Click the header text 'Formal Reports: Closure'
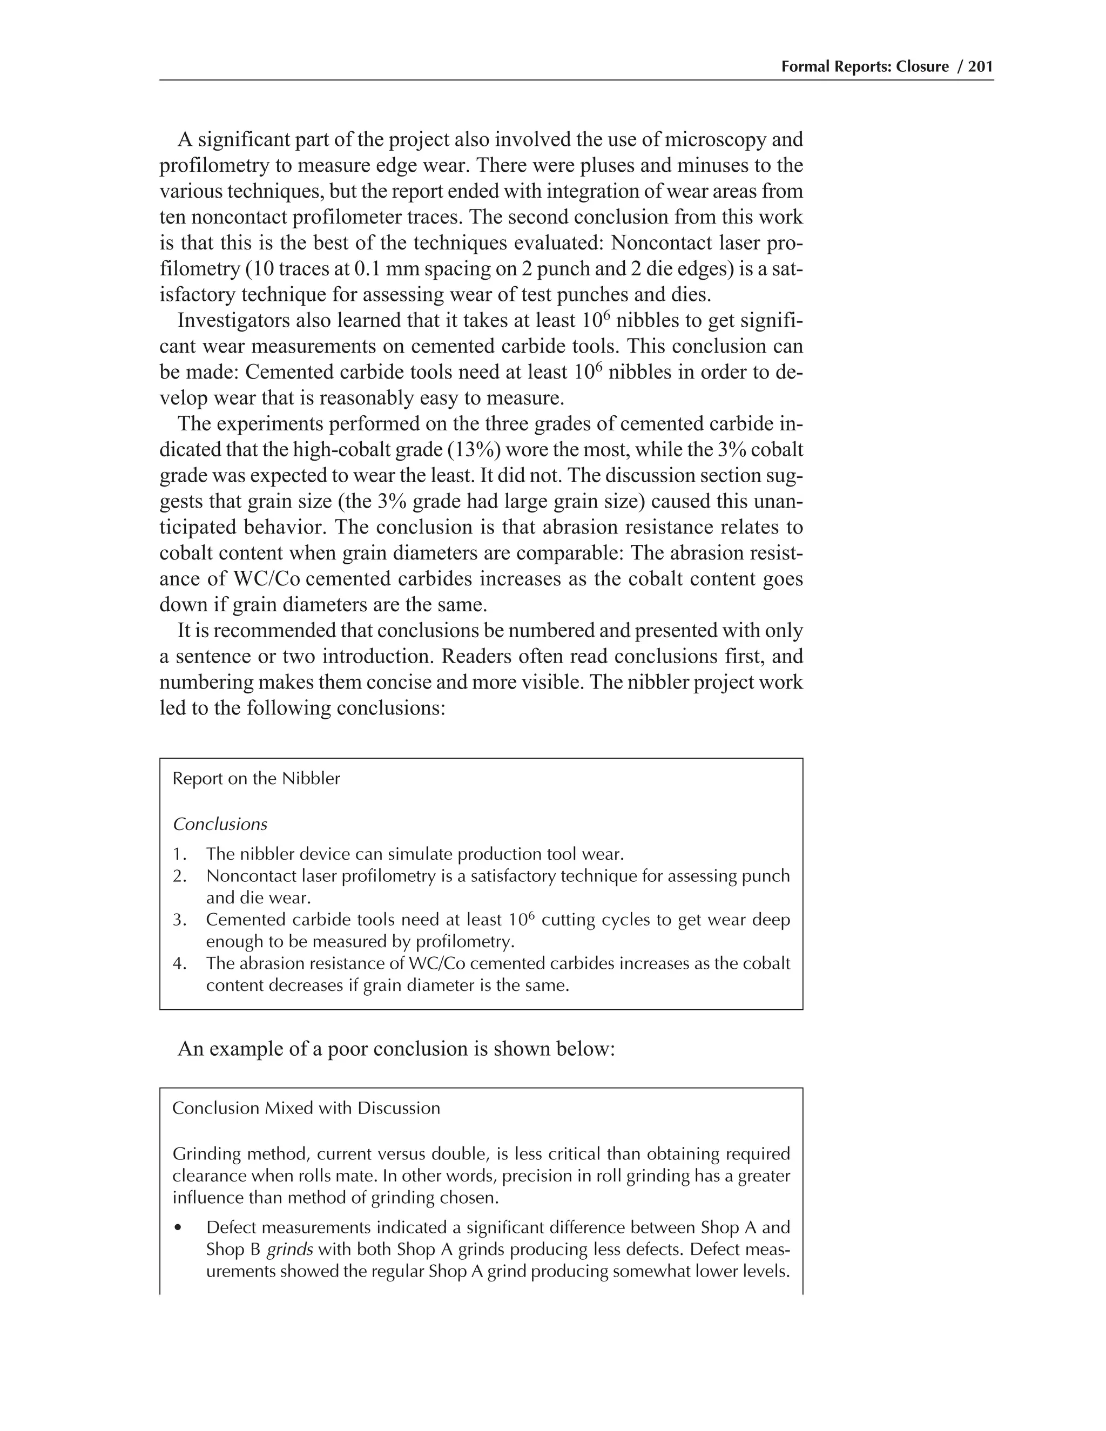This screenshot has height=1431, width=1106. click(865, 66)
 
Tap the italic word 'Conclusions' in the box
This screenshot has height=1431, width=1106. click(220, 824)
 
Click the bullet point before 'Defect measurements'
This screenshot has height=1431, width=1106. click(178, 1228)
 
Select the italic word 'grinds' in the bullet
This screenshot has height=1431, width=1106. click(289, 1250)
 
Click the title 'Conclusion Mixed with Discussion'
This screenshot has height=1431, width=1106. click(306, 1108)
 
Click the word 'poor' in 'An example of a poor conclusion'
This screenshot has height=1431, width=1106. click(348, 1049)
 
